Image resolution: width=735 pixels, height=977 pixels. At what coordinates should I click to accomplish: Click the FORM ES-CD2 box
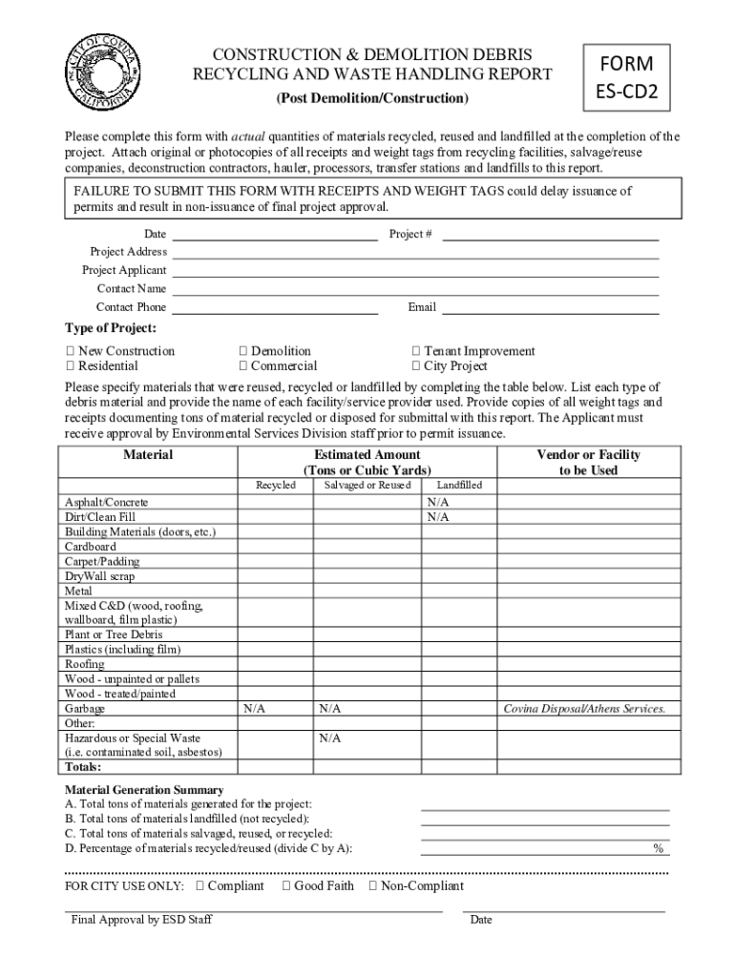(x=626, y=77)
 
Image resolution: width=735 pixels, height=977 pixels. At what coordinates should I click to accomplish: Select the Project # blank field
(x=551, y=234)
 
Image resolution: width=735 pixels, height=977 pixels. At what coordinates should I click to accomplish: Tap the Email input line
(x=551, y=307)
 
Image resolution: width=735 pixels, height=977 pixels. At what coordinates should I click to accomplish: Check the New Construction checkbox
(x=70, y=351)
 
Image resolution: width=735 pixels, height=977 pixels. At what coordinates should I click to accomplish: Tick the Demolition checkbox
(x=243, y=351)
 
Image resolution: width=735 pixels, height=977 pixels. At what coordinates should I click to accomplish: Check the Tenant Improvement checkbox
(x=416, y=351)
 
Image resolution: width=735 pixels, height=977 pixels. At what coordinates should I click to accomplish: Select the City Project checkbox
(x=416, y=366)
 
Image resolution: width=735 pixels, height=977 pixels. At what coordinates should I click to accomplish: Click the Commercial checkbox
(x=243, y=366)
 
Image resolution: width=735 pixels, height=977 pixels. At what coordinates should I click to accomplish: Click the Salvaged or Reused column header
(x=367, y=486)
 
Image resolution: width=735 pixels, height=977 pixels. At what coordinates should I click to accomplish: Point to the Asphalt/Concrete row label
(x=106, y=502)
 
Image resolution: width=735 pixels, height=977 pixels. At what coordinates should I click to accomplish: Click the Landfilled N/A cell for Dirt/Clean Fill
(x=438, y=517)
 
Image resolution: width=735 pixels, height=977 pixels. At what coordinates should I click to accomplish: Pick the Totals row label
(x=83, y=767)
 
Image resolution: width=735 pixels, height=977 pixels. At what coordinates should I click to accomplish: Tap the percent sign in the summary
(x=658, y=848)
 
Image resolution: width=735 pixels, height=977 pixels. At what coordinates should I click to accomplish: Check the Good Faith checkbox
(x=286, y=886)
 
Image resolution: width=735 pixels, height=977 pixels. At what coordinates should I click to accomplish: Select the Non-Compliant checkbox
(x=373, y=886)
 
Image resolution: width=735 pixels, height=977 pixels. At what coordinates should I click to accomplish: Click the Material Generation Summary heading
(x=144, y=790)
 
